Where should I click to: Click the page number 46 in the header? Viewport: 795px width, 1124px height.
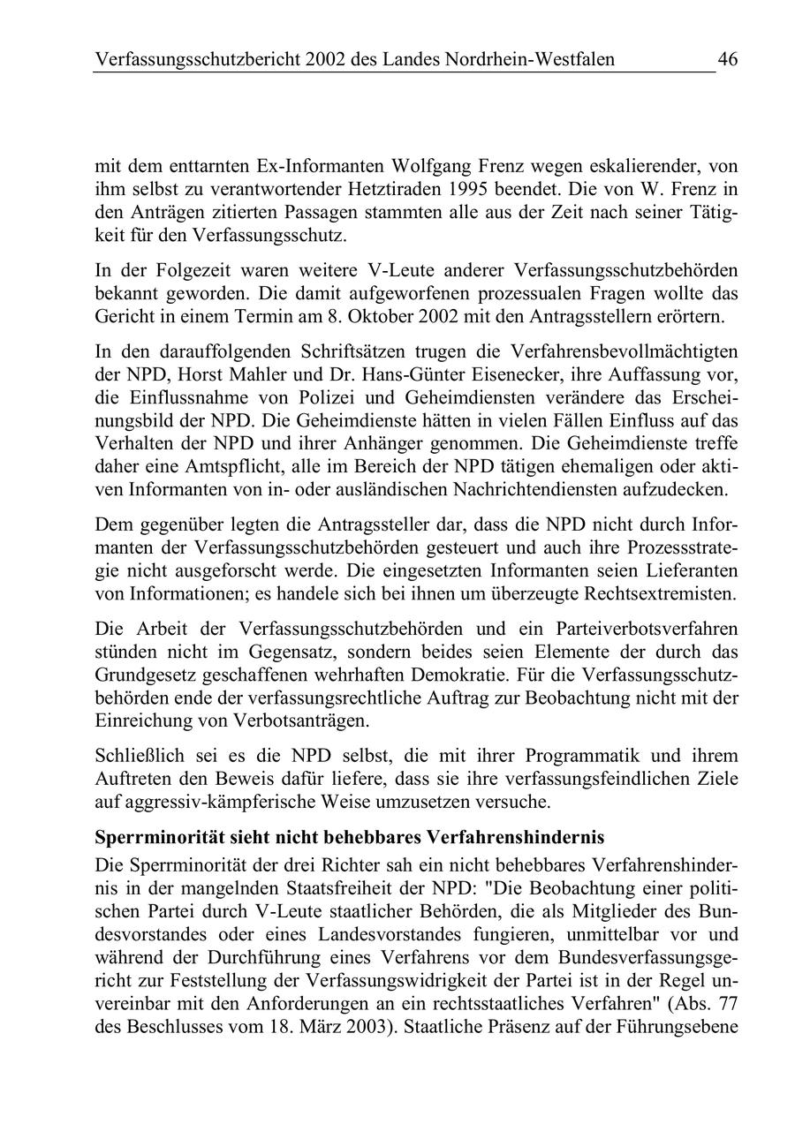[x=727, y=60]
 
